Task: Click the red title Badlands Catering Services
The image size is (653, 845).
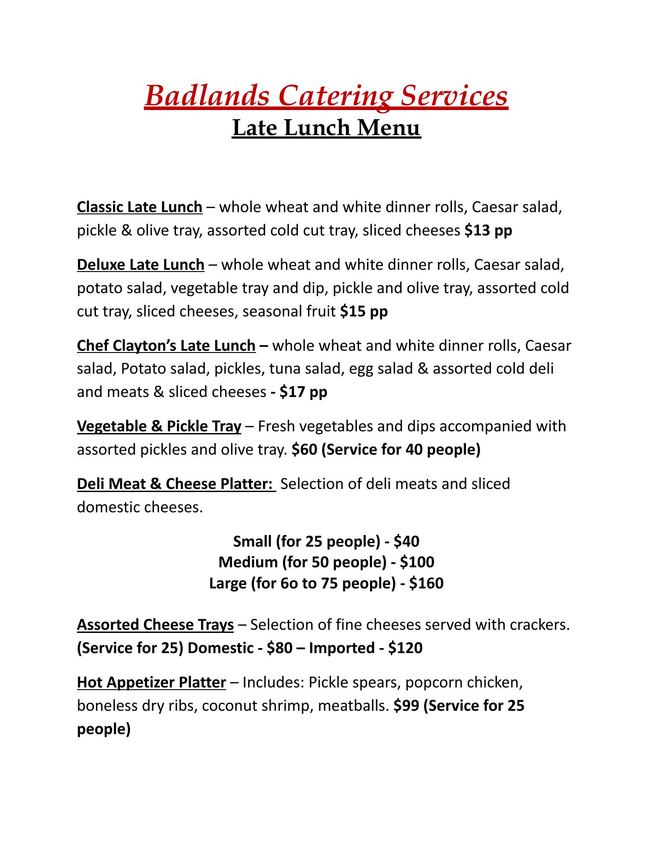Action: click(326, 96)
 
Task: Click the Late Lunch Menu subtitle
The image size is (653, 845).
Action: click(326, 128)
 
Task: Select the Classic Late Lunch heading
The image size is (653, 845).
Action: click(139, 207)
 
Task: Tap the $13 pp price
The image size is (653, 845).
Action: click(488, 230)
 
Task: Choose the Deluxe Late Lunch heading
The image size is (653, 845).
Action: click(140, 265)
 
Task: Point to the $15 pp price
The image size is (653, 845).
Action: click(364, 312)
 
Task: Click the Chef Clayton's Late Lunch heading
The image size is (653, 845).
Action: click(166, 345)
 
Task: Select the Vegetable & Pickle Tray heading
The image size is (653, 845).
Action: click(159, 426)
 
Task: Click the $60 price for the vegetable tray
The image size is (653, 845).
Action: click(304, 450)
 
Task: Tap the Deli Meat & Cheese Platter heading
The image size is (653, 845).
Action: click(176, 484)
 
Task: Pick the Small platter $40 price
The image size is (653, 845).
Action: click(407, 541)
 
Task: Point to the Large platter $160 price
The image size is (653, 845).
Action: click(426, 583)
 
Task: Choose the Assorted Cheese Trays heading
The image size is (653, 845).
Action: click(155, 625)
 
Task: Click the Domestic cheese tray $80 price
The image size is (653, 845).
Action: click(279, 648)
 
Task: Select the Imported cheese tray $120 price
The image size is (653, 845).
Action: click(405, 648)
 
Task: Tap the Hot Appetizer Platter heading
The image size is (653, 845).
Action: click(151, 683)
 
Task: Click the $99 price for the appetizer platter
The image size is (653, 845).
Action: click(403, 706)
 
